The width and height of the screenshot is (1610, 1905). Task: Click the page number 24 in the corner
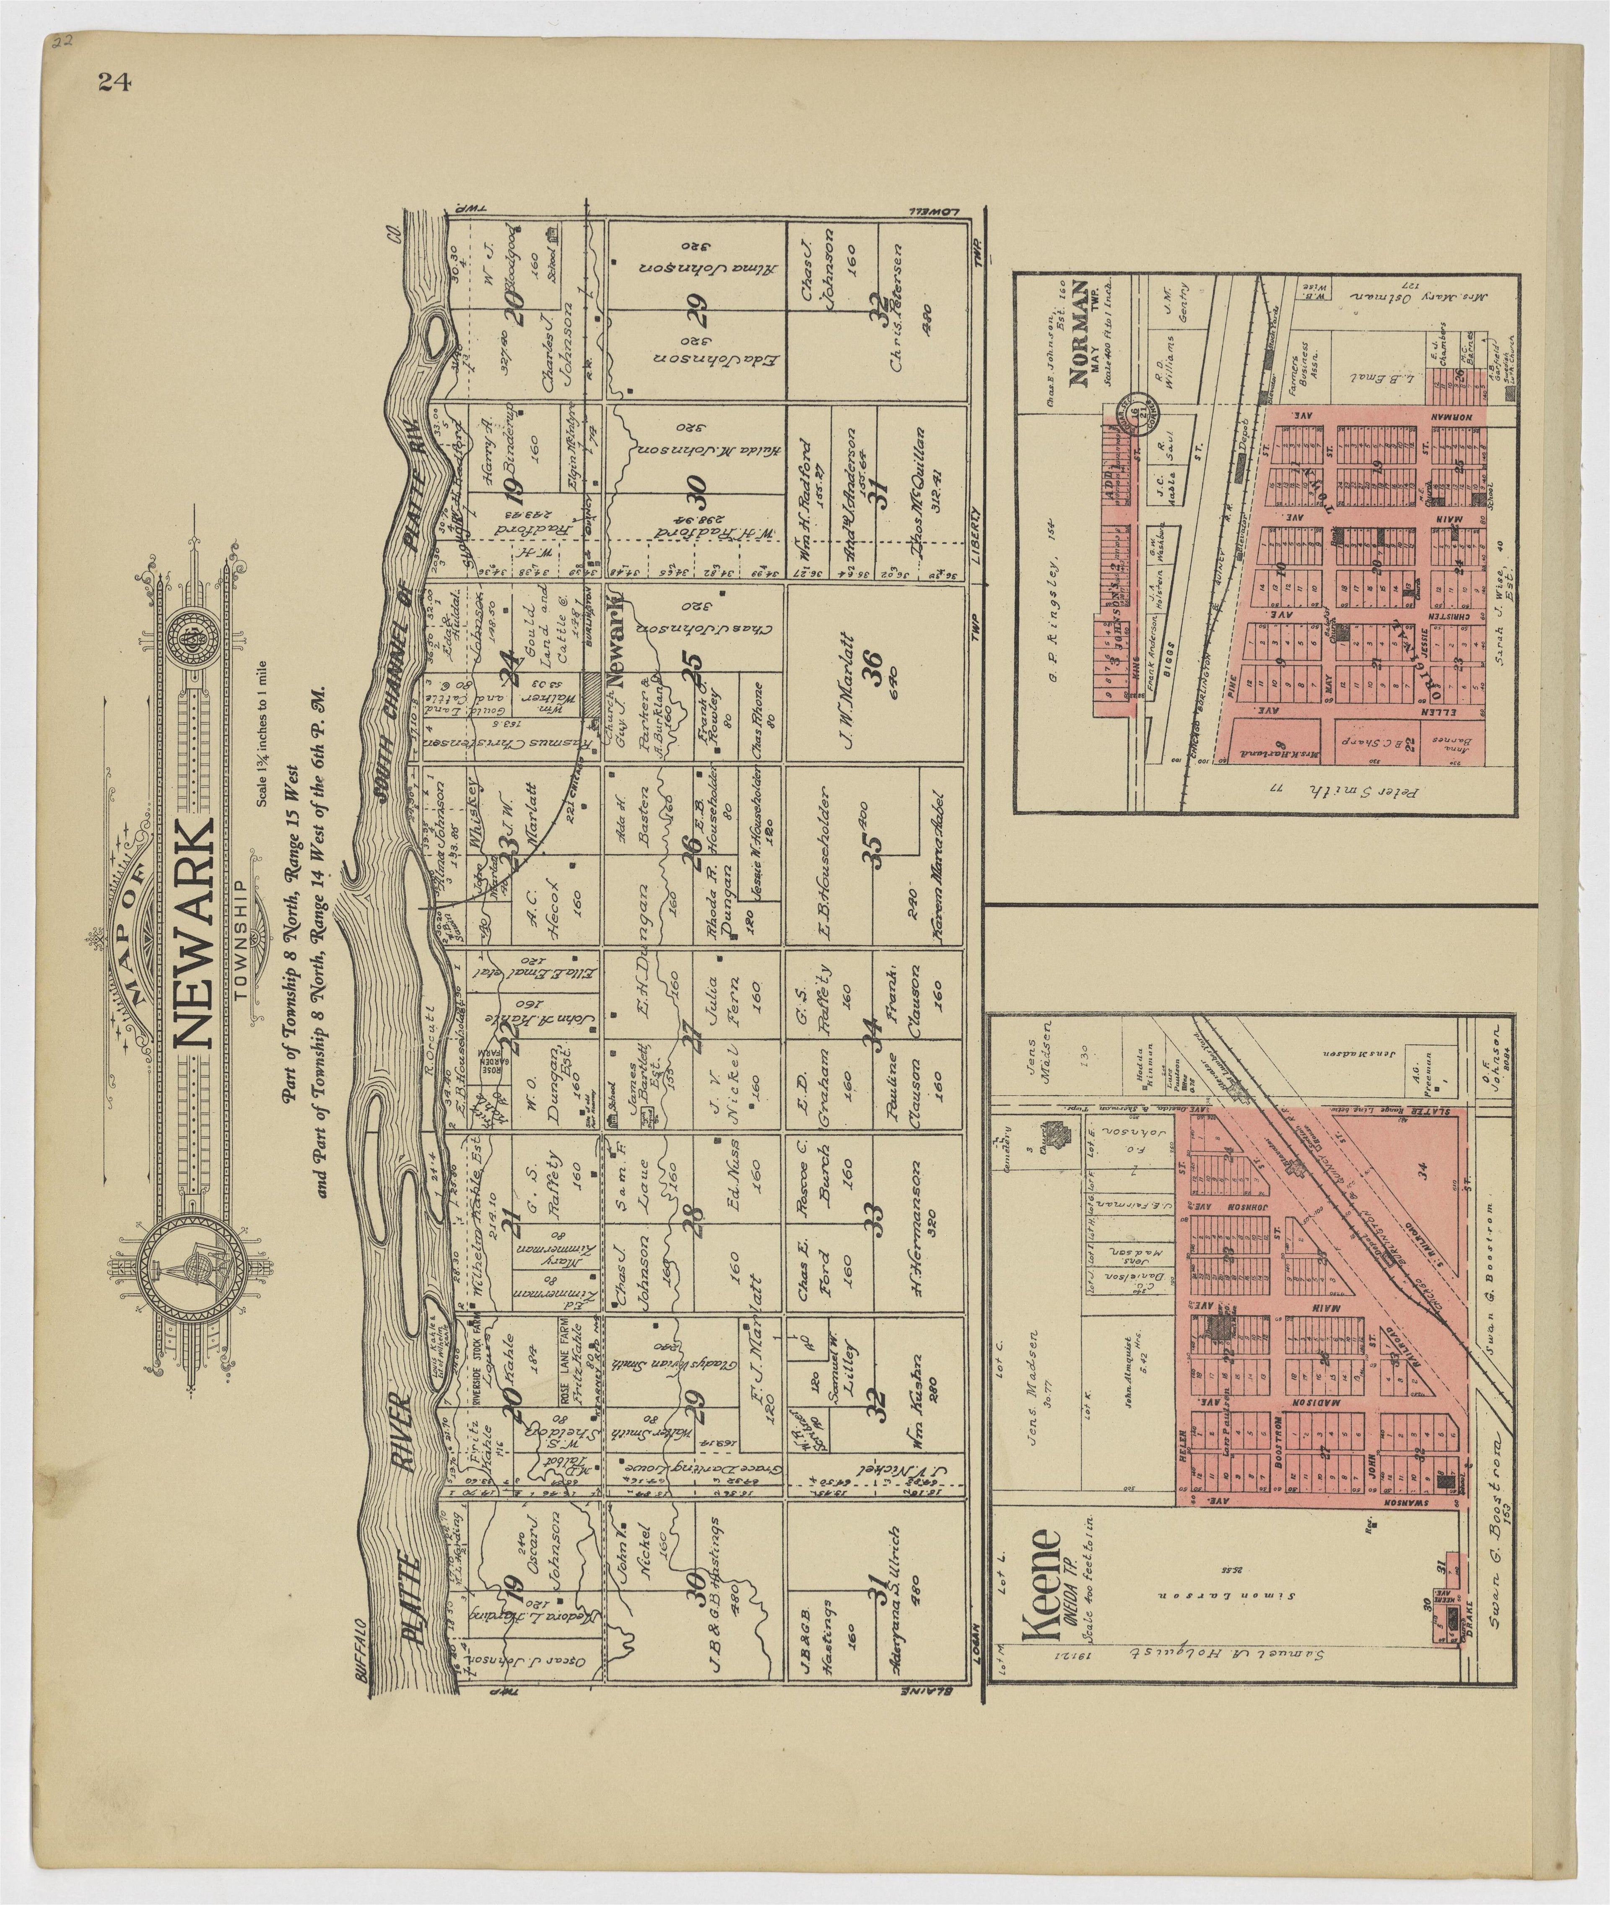coord(114,82)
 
